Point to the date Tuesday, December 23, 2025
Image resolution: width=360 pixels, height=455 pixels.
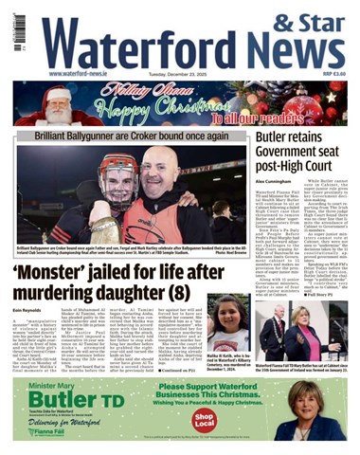click(x=190, y=74)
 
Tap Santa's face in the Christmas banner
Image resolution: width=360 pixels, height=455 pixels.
click(x=57, y=107)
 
